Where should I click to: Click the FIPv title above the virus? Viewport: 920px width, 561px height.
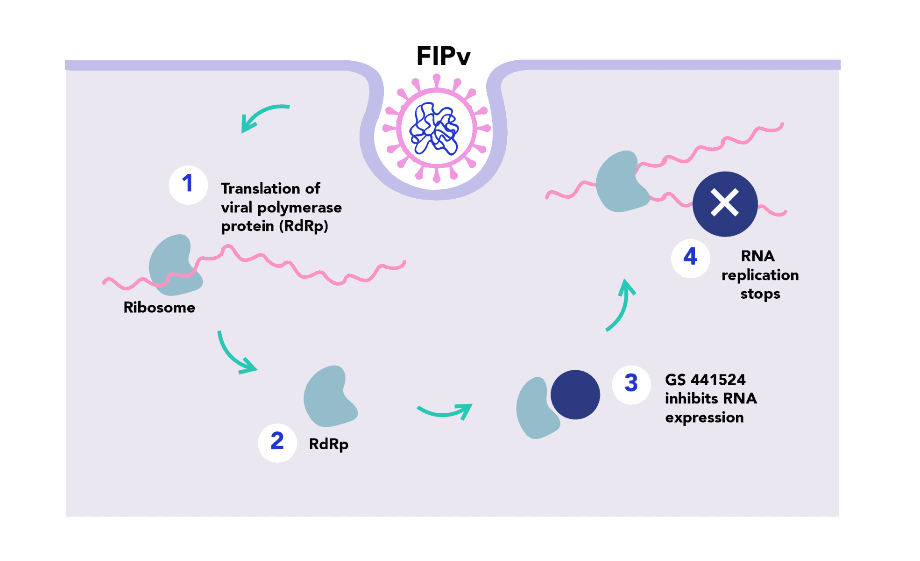(443, 57)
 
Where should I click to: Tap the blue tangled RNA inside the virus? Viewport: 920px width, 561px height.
(434, 129)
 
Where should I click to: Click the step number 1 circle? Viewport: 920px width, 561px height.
(188, 185)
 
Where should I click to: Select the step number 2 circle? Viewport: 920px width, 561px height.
(277, 442)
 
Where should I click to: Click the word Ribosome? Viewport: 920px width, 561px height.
(159, 308)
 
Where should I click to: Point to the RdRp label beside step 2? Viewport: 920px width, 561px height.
(329, 444)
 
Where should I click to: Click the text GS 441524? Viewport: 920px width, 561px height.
(705, 380)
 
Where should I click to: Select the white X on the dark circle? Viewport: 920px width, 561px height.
(724, 203)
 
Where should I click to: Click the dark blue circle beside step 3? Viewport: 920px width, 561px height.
(575, 395)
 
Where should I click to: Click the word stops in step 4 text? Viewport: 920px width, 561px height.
(760, 294)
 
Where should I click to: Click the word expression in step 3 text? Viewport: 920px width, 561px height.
(704, 417)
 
